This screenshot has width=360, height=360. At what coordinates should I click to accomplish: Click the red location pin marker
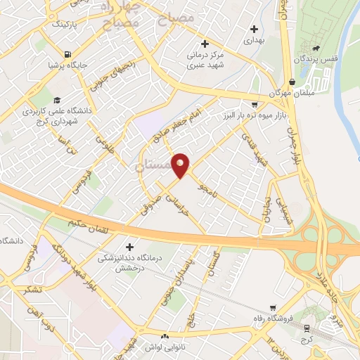point(181,165)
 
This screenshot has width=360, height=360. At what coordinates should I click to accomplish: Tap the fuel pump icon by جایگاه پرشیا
point(67,54)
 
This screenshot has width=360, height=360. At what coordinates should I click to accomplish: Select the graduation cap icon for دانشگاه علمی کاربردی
point(56,99)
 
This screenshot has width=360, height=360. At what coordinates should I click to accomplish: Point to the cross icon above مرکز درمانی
point(203,43)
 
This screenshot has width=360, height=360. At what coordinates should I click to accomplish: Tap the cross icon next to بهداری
point(254,30)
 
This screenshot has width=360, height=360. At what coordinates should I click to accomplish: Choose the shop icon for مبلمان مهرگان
point(292,82)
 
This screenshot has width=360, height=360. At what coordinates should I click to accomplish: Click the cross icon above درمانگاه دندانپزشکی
point(129,246)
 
